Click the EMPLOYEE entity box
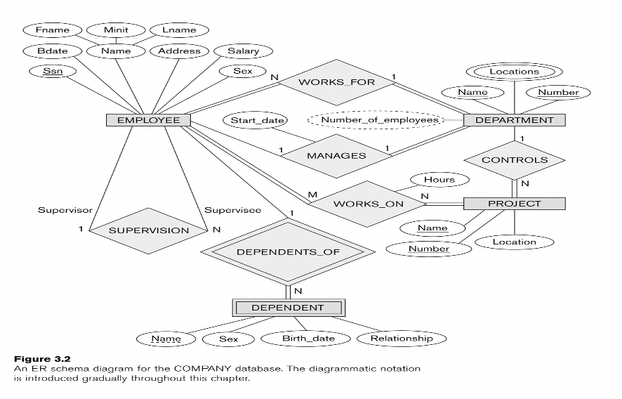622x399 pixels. [148, 120]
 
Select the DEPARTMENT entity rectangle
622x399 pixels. [515, 120]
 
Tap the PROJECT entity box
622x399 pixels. [515, 204]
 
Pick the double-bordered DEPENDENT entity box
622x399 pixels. [287, 307]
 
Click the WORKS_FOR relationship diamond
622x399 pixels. [336, 82]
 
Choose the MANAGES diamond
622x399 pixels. [336, 155]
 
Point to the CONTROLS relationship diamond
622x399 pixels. [515, 160]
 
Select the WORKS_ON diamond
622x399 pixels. [368, 204]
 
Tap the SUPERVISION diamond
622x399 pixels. [148, 230]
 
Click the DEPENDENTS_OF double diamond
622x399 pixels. [287, 252]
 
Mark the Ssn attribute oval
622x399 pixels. [50, 72]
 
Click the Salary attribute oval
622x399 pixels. [243, 51]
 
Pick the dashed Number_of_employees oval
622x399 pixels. [378, 120]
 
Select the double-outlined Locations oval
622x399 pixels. [515, 71]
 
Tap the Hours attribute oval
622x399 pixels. [439, 180]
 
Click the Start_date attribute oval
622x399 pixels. [253, 120]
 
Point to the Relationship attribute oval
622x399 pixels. [402, 339]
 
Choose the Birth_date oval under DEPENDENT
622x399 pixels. [306, 339]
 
